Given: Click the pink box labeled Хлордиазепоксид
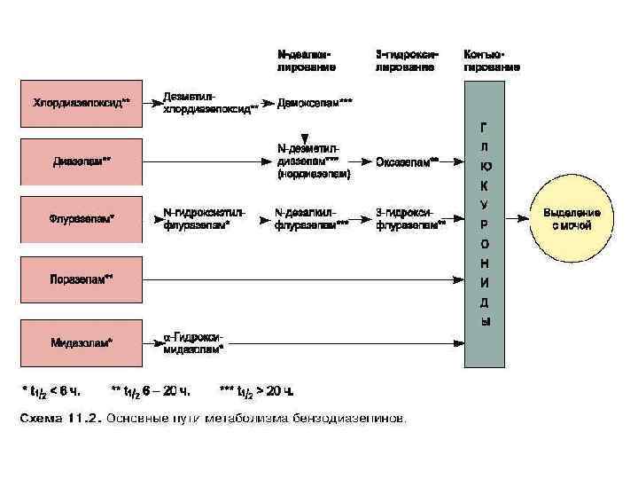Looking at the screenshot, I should pos(82,104).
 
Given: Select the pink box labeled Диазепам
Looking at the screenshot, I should pos(82,161).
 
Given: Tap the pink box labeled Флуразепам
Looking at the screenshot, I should pos(82,219).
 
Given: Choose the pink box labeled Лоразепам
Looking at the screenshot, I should pos(82,279).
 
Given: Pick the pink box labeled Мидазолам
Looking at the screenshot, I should pos(82,342).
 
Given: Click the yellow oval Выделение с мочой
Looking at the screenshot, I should pos(572,219).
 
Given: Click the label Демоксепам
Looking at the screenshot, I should pos(315,104).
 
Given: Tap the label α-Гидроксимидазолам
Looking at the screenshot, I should pos(195,342).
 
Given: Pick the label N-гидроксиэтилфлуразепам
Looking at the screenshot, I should pos(204,219).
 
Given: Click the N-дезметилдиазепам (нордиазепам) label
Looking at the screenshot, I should pos(314,161).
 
